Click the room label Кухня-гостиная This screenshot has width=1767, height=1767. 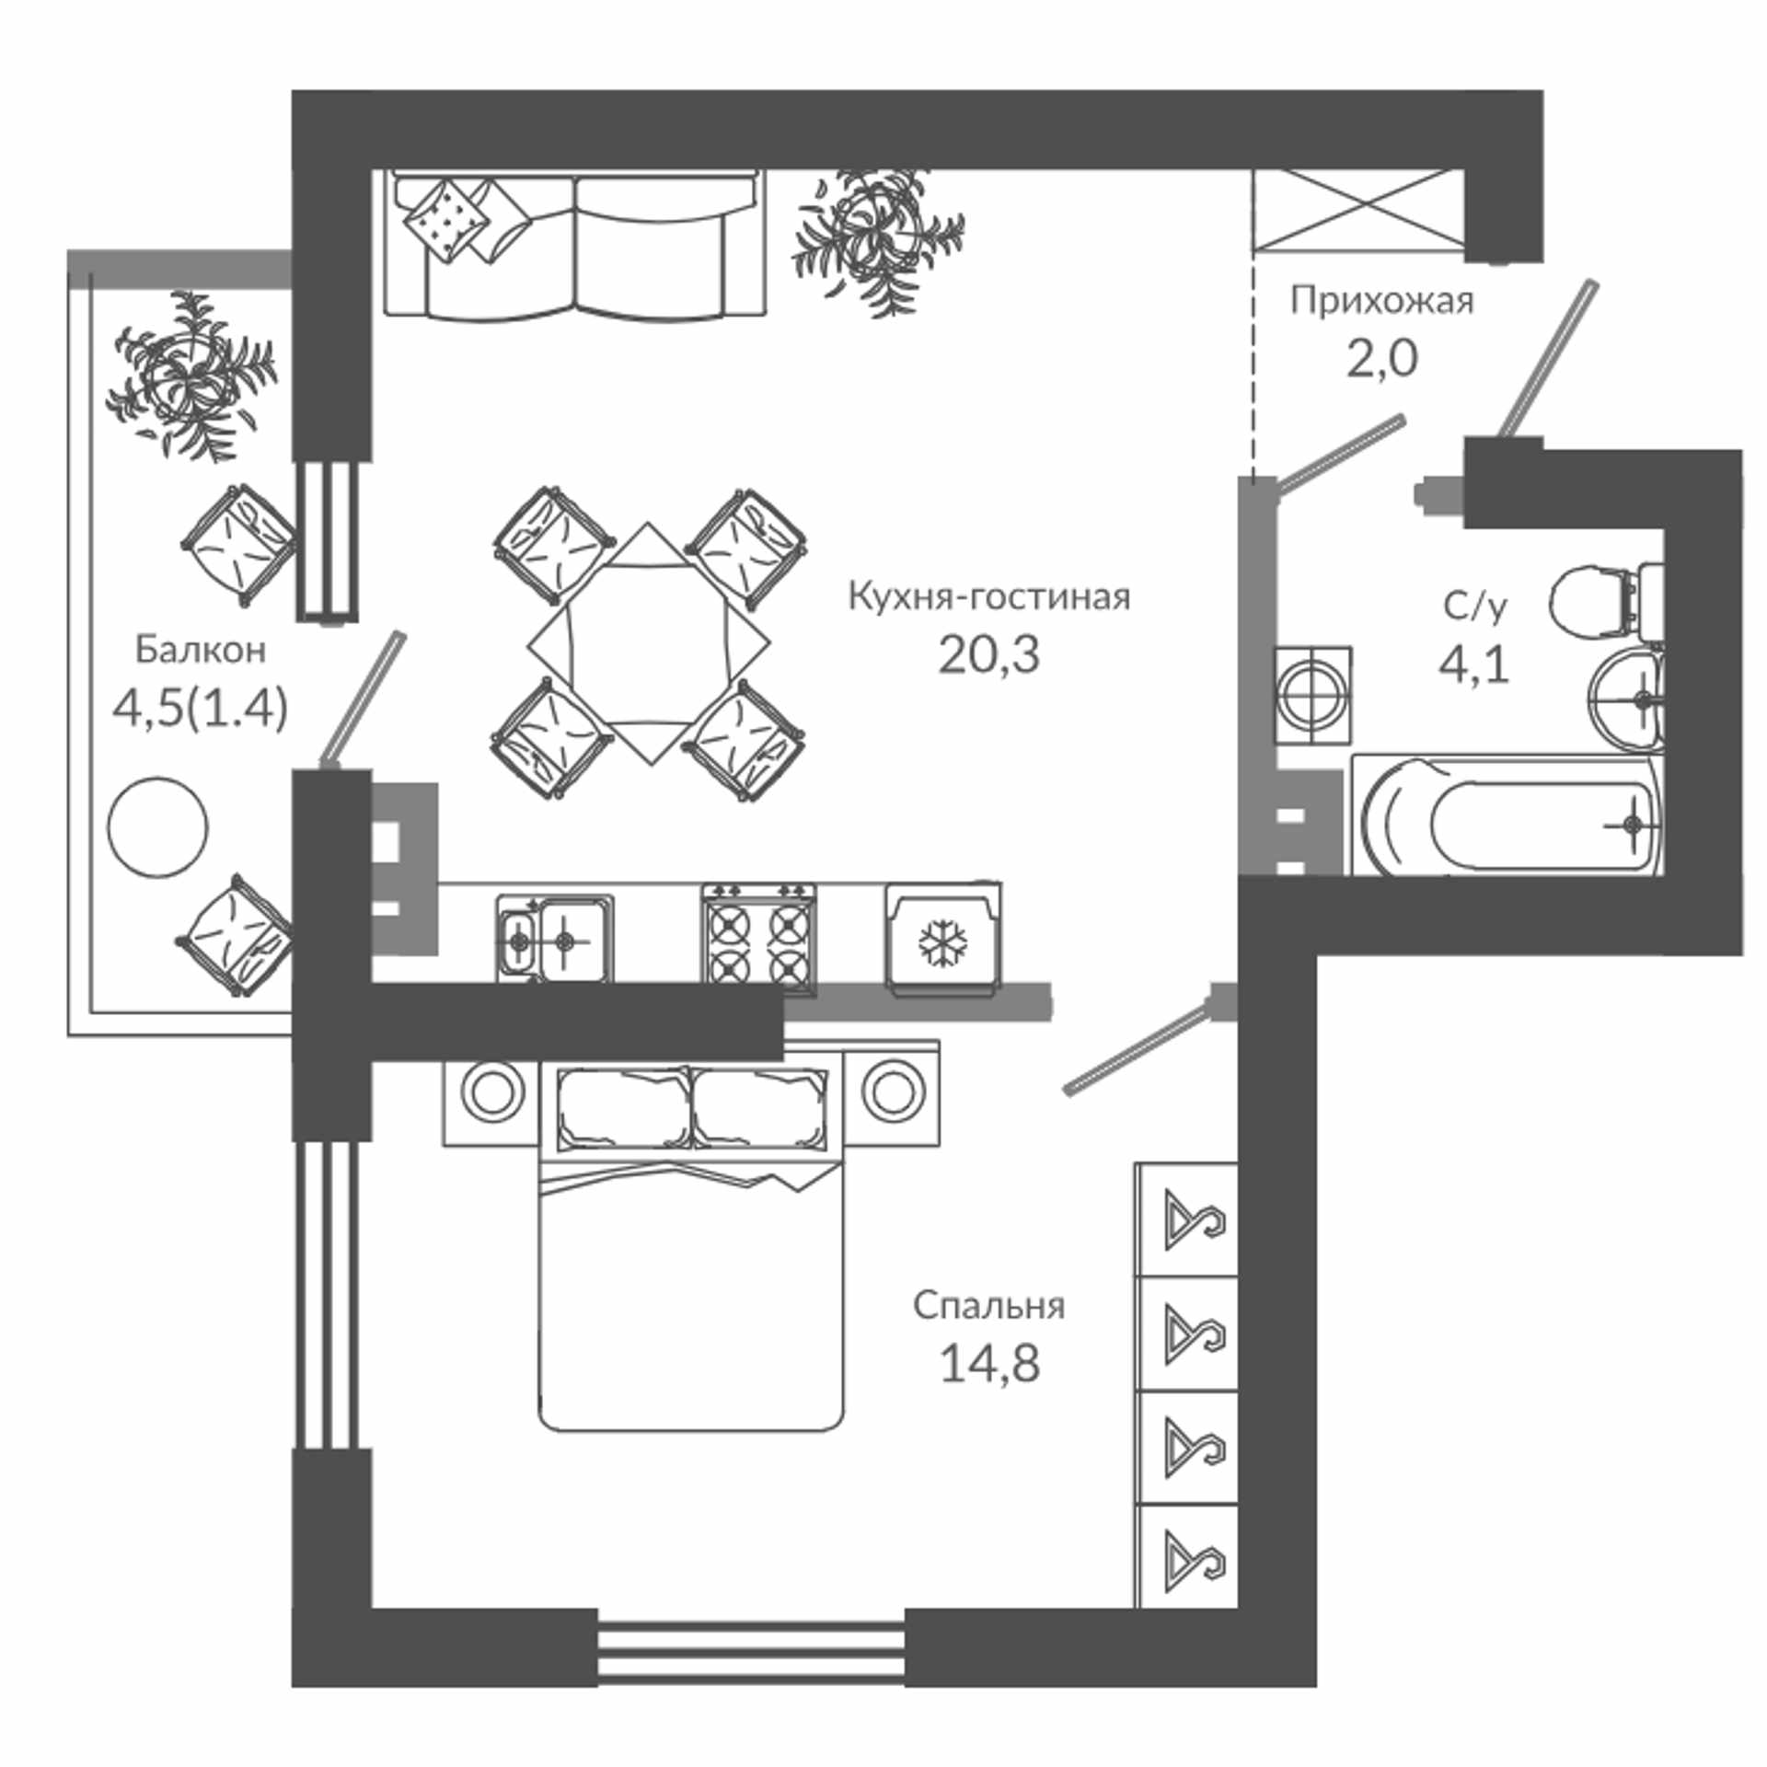pyautogui.click(x=988, y=597)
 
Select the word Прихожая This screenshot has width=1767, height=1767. pyautogui.click(x=1381, y=301)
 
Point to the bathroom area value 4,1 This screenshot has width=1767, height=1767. pyautogui.click(x=1474, y=664)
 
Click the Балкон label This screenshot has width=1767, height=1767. pyautogui.click(x=201, y=650)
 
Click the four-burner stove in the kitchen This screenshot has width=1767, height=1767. pyautogui.click(x=759, y=940)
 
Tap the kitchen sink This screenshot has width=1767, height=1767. pyautogui.click(x=555, y=938)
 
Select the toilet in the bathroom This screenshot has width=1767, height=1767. pyautogui.click(x=1607, y=601)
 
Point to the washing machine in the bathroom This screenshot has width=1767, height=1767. pyautogui.click(x=1312, y=695)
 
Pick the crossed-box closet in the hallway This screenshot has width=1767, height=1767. pyautogui.click(x=1357, y=210)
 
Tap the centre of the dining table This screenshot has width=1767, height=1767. pyautogui.click(x=648, y=643)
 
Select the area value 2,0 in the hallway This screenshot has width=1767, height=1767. pyautogui.click(x=1381, y=359)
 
